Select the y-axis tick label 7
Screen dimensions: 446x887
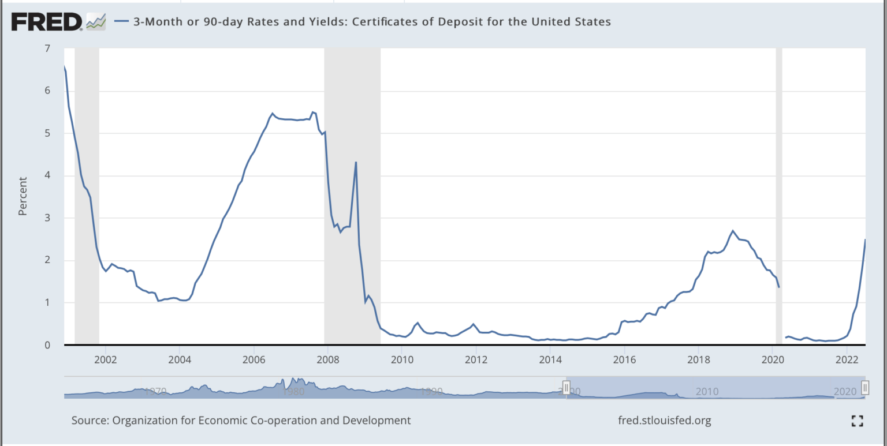[47, 48]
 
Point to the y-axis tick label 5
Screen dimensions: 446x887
[47, 133]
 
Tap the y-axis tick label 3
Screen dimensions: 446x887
[47, 218]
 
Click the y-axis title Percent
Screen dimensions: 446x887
[23, 196]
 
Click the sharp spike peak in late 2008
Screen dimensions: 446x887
[356, 162]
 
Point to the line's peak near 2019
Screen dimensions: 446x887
[733, 231]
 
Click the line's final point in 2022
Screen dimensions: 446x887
[865, 239]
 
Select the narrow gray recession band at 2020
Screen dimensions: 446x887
[779, 196]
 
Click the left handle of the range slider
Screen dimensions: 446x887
[567, 387]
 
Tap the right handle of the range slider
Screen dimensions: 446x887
[865, 387]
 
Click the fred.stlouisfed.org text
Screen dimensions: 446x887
[664, 420]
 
